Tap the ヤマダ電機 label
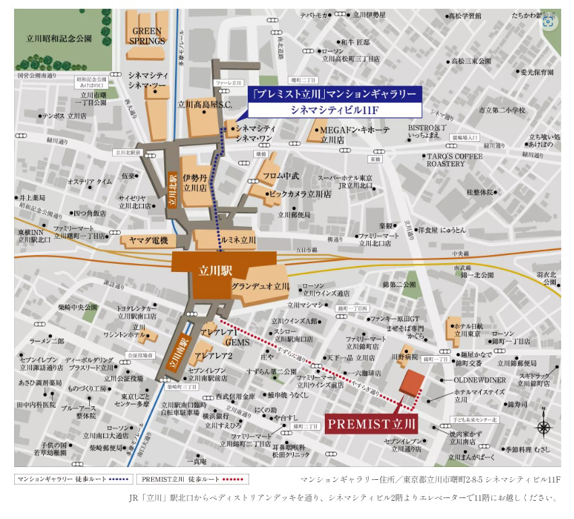148,240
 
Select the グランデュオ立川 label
260,287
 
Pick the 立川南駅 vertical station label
178,352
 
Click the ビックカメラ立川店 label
300,194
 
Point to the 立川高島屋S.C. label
205,105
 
